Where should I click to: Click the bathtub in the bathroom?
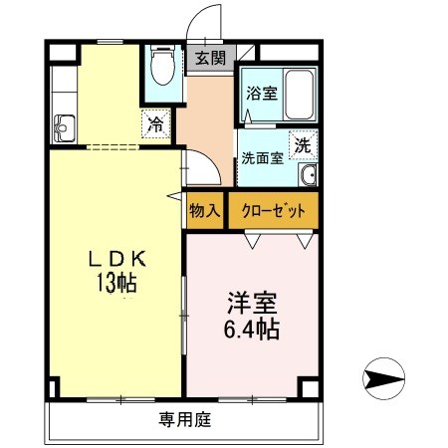coord(297,93)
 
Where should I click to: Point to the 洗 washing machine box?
coord(303,144)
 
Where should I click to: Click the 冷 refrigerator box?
coord(156,124)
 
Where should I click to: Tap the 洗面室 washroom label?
coord(263,156)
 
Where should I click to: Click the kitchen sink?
coord(65,127)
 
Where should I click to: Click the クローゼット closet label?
coord(273,210)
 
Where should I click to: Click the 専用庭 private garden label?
coord(184,419)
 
